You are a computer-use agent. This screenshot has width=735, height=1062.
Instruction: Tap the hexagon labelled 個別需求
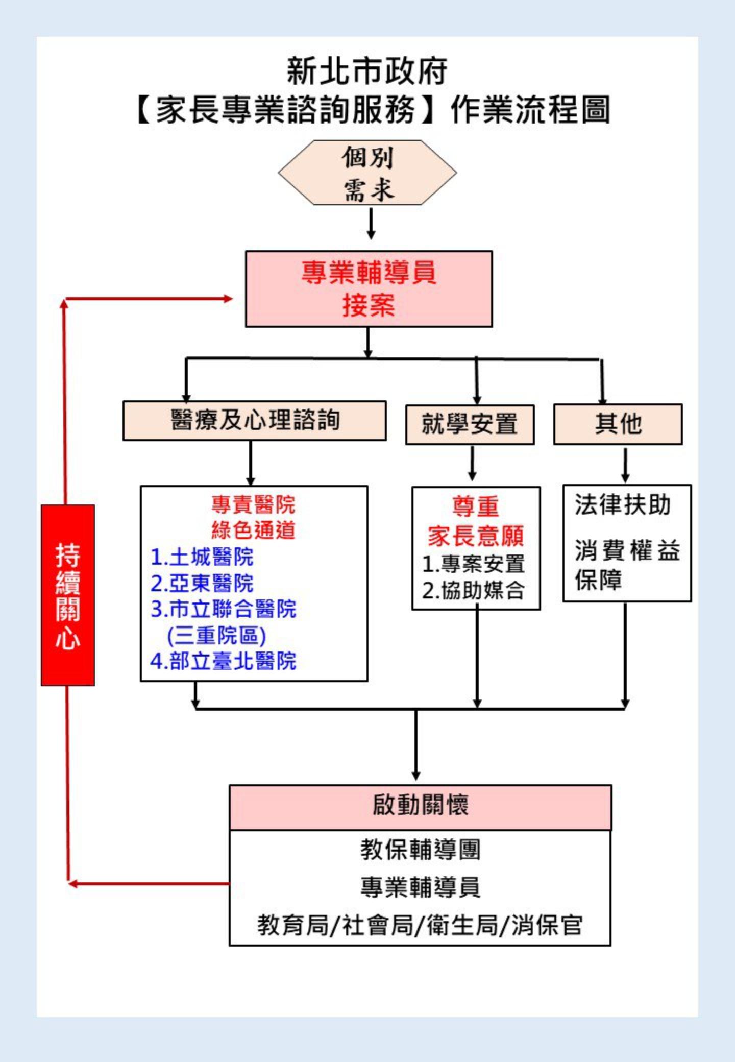tap(367, 173)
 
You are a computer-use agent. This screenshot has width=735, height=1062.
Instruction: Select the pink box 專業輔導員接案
tap(369, 288)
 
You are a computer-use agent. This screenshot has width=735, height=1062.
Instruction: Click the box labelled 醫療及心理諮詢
tap(254, 420)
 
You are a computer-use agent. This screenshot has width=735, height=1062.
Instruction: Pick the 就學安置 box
tap(470, 424)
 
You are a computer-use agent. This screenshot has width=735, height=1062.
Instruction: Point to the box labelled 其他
tap(618, 424)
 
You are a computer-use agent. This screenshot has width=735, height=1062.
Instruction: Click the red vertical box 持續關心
tap(68, 595)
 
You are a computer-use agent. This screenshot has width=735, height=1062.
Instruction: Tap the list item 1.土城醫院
tap(202, 557)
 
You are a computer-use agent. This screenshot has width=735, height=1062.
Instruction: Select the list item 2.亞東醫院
tap(202, 583)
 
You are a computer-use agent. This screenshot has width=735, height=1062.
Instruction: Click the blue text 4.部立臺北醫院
tap(223, 661)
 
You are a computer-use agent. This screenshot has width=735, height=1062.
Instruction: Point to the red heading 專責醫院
tap(253, 504)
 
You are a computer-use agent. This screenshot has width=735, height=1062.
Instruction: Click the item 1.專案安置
tap(473, 564)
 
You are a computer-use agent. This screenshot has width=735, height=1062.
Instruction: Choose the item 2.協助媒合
tap(473, 591)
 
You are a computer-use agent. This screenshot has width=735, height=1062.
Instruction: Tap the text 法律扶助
tap(622, 505)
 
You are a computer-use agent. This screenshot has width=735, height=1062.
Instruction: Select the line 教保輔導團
tap(420, 850)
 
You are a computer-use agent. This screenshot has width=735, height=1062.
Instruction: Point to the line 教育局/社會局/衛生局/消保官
tap(420, 925)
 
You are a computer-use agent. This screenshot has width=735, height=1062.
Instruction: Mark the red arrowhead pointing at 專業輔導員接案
tap(227, 299)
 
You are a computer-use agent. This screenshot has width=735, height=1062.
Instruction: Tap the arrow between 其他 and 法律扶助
tap(625, 465)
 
